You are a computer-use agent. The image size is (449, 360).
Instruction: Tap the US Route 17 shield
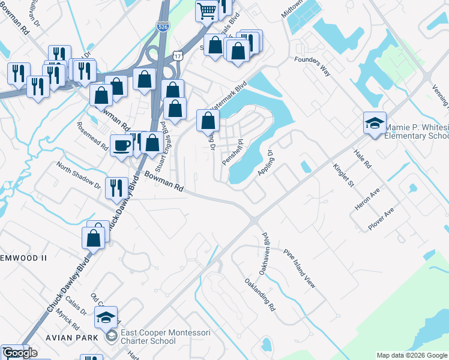177,55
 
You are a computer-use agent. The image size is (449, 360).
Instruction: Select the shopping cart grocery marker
206,11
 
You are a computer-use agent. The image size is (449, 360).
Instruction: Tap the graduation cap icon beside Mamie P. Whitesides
375,124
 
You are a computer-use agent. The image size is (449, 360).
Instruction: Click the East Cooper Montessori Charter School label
148,337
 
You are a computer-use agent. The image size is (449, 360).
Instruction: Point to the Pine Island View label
300,268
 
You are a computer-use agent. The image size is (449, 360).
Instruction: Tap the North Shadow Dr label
79,175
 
